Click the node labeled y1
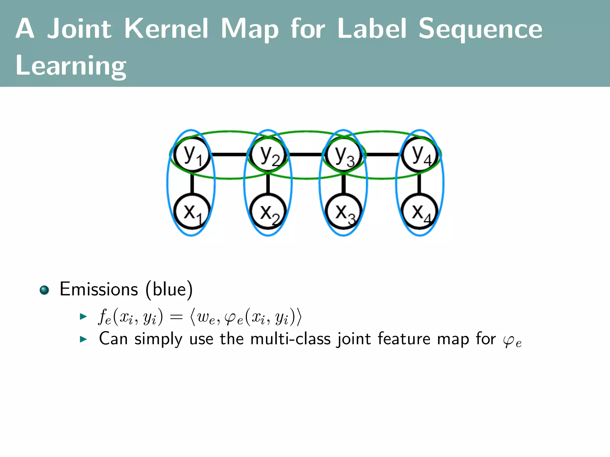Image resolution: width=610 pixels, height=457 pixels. coord(192,154)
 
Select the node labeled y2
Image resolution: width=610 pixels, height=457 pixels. coord(268,154)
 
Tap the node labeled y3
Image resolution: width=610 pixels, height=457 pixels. coord(344,154)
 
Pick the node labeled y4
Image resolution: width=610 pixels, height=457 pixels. coord(420,154)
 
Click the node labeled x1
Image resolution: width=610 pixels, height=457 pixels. coord(192,212)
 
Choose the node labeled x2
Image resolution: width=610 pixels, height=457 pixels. coord(268,212)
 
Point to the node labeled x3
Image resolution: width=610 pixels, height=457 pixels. coord(344,212)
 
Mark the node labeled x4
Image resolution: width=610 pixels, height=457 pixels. coord(420,212)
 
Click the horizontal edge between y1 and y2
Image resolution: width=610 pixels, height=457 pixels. coord(230,154)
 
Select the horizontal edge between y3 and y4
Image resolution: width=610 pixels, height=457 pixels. coord(382,154)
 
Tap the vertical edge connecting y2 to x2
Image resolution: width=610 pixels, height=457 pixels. coord(268,183)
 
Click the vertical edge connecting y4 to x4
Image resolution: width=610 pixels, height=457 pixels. coord(420,183)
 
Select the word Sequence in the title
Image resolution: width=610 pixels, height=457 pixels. coord(480,29)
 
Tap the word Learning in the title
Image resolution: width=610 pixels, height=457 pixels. coord(71,66)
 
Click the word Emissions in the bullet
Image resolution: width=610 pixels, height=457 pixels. coord(99,289)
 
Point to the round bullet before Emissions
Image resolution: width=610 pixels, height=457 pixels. coord(44,290)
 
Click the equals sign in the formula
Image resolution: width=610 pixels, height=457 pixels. coord(176,317)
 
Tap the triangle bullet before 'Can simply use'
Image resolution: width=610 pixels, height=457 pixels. coord(83,339)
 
